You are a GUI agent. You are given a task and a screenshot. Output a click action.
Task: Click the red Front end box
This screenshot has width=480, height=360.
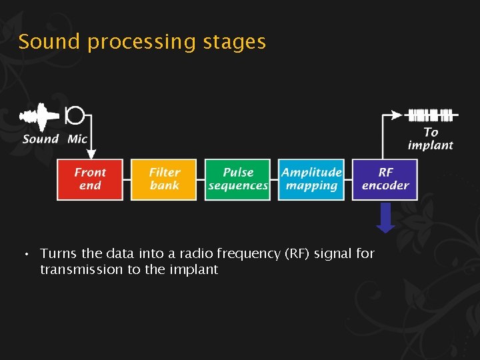pyautogui.click(x=90, y=179)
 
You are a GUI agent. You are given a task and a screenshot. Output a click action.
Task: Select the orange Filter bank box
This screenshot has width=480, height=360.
pyautogui.click(x=164, y=179)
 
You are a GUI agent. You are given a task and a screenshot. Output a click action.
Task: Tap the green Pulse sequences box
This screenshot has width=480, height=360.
pyautogui.click(x=238, y=179)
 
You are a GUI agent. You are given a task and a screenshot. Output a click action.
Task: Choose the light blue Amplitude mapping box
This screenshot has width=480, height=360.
pyautogui.click(x=311, y=179)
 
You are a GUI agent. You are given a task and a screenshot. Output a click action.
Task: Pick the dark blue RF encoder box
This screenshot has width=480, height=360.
pyautogui.click(x=385, y=179)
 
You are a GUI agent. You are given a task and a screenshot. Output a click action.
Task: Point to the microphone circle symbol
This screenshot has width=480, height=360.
pyautogui.click(x=75, y=116)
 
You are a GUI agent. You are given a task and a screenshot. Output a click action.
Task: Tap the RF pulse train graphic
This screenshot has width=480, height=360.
pyautogui.click(x=430, y=115)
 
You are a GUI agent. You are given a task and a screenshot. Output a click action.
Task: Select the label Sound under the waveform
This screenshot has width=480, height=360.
pyautogui.click(x=40, y=139)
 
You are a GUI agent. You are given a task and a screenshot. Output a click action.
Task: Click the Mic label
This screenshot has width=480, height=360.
pyautogui.click(x=77, y=139)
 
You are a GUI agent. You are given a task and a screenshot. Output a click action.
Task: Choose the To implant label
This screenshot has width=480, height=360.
pyautogui.click(x=430, y=139)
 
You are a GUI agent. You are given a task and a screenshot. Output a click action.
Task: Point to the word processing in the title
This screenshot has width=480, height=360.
pyautogui.click(x=139, y=43)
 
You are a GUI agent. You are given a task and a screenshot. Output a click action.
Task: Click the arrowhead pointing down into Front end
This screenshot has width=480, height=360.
pyautogui.click(x=91, y=153)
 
